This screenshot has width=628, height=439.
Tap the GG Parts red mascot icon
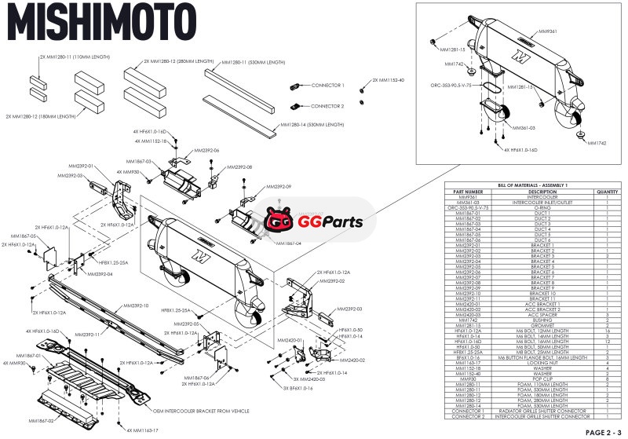[x=277, y=221]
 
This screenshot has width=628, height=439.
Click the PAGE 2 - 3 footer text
[x=603, y=432]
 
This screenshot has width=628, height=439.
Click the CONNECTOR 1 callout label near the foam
[x=327, y=85]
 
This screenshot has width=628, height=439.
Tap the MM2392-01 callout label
[x=82, y=166]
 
